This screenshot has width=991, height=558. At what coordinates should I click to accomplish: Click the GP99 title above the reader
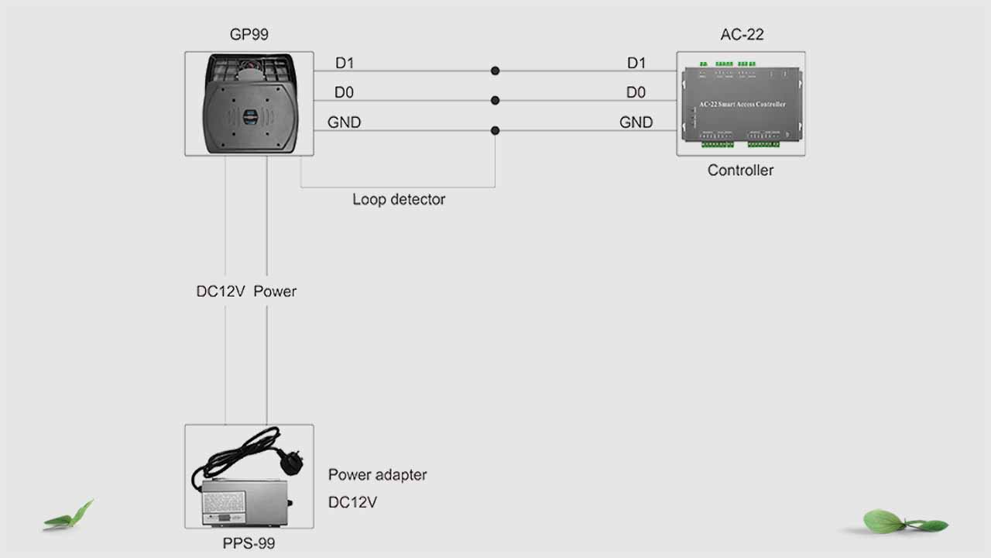coord(249,34)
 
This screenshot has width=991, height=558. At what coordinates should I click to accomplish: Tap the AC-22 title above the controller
coord(742,34)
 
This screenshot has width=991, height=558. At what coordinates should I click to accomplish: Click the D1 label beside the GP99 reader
coord(345,63)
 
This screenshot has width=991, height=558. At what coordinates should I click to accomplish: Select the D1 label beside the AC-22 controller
coord(636,63)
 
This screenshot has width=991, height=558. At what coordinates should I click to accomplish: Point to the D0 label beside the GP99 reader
coord(345,93)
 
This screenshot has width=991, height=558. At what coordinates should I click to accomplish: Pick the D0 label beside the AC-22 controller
coord(636,93)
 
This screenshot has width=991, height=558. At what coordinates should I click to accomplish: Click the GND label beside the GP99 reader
coord(345,122)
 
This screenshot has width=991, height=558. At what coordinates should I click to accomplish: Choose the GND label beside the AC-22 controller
coord(636,122)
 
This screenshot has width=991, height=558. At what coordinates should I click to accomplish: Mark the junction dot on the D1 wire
coord(495,71)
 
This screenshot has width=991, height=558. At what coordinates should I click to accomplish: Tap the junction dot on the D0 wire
coord(495,101)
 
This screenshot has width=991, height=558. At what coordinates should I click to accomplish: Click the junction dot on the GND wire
coord(495,131)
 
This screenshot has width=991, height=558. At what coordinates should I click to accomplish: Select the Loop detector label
coord(399,199)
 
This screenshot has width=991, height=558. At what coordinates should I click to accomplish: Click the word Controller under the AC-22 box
coord(740,170)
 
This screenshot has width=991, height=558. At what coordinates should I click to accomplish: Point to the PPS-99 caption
coord(249,543)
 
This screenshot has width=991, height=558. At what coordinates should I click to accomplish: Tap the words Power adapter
coord(377,475)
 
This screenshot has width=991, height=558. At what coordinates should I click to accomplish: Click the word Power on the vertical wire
coord(275,291)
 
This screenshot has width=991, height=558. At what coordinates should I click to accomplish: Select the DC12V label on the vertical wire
coord(221,291)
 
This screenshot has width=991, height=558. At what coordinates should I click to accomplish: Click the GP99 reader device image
coord(249,104)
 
